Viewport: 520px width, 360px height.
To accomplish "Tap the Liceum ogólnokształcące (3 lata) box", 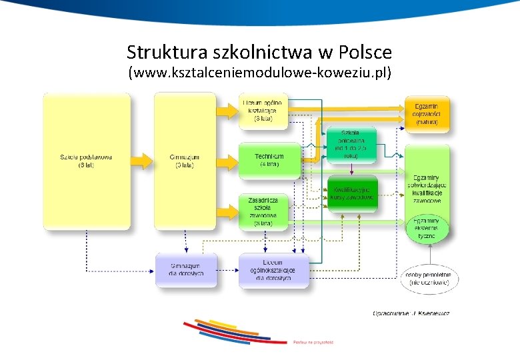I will click(263, 111).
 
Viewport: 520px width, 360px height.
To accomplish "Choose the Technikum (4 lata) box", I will click(269, 160).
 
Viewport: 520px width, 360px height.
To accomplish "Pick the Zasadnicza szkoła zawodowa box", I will click(263, 211).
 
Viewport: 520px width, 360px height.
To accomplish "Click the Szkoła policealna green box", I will click(351, 144).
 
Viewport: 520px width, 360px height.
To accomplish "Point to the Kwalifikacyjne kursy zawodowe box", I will click(352, 193).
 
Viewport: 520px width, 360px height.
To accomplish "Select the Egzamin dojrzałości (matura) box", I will click(427, 114).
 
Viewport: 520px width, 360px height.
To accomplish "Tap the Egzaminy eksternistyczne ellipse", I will click(427, 228).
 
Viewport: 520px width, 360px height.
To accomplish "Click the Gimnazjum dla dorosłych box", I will click(186, 269).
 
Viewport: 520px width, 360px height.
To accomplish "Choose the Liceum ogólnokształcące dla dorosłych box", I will click(274, 270).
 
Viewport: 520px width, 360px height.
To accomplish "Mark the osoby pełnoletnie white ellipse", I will click(429, 279).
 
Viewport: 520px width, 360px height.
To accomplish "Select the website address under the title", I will click(259, 72).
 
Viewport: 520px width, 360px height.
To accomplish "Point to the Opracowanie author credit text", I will click(411, 313).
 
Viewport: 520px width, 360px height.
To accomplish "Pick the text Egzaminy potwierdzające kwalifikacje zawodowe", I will click(427, 189).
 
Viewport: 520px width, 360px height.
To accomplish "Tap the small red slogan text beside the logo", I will click(313, 341).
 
